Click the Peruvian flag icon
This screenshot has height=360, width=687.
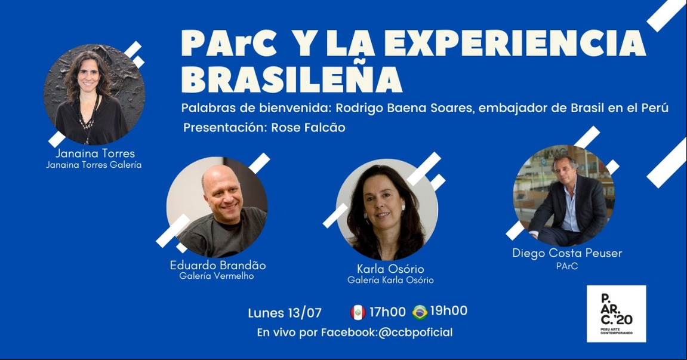[x=358, y=312]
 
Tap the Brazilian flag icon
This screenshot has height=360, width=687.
[x=420, y=312]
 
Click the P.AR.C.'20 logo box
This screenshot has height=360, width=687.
[x=616, y=313]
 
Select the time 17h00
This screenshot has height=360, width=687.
[x=387, y=312]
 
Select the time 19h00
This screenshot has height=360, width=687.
[x=449, y=311]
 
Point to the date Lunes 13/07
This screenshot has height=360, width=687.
[x=285, y=313]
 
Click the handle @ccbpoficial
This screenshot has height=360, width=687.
[x=415, y=333]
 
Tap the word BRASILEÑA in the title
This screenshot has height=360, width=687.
[x=292, y=80]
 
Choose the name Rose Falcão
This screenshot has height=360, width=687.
[x=309, y=128]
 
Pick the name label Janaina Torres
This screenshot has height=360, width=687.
[x=95, y=153]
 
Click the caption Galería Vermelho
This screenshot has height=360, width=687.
[x=217, y=276]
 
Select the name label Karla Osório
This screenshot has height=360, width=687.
[x=390, y=269]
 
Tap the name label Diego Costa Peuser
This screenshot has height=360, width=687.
[x=567, y=253]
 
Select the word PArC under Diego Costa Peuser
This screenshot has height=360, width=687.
[x=567, y=266]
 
